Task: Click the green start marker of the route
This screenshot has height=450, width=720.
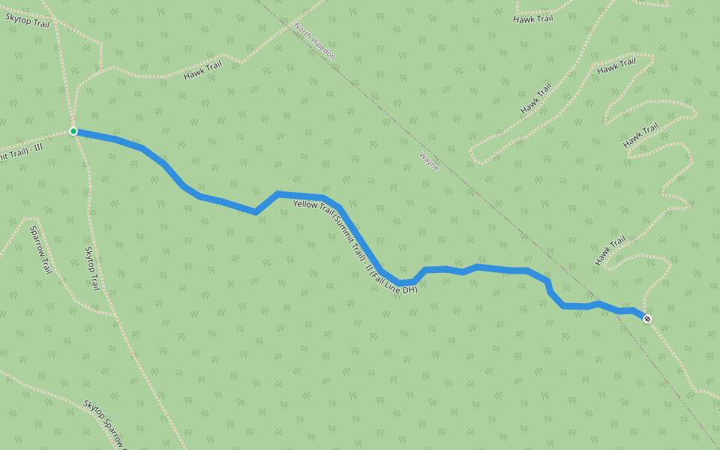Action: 73,131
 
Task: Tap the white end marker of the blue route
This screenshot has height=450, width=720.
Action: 647,319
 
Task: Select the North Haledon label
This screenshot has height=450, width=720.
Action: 315,41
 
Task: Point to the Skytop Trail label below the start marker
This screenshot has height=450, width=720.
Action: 92,268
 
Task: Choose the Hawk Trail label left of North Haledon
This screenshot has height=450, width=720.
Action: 203,70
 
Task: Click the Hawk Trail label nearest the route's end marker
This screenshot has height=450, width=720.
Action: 610,250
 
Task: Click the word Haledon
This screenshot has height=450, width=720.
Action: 322,48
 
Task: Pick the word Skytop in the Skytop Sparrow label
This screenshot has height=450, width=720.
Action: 94,412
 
